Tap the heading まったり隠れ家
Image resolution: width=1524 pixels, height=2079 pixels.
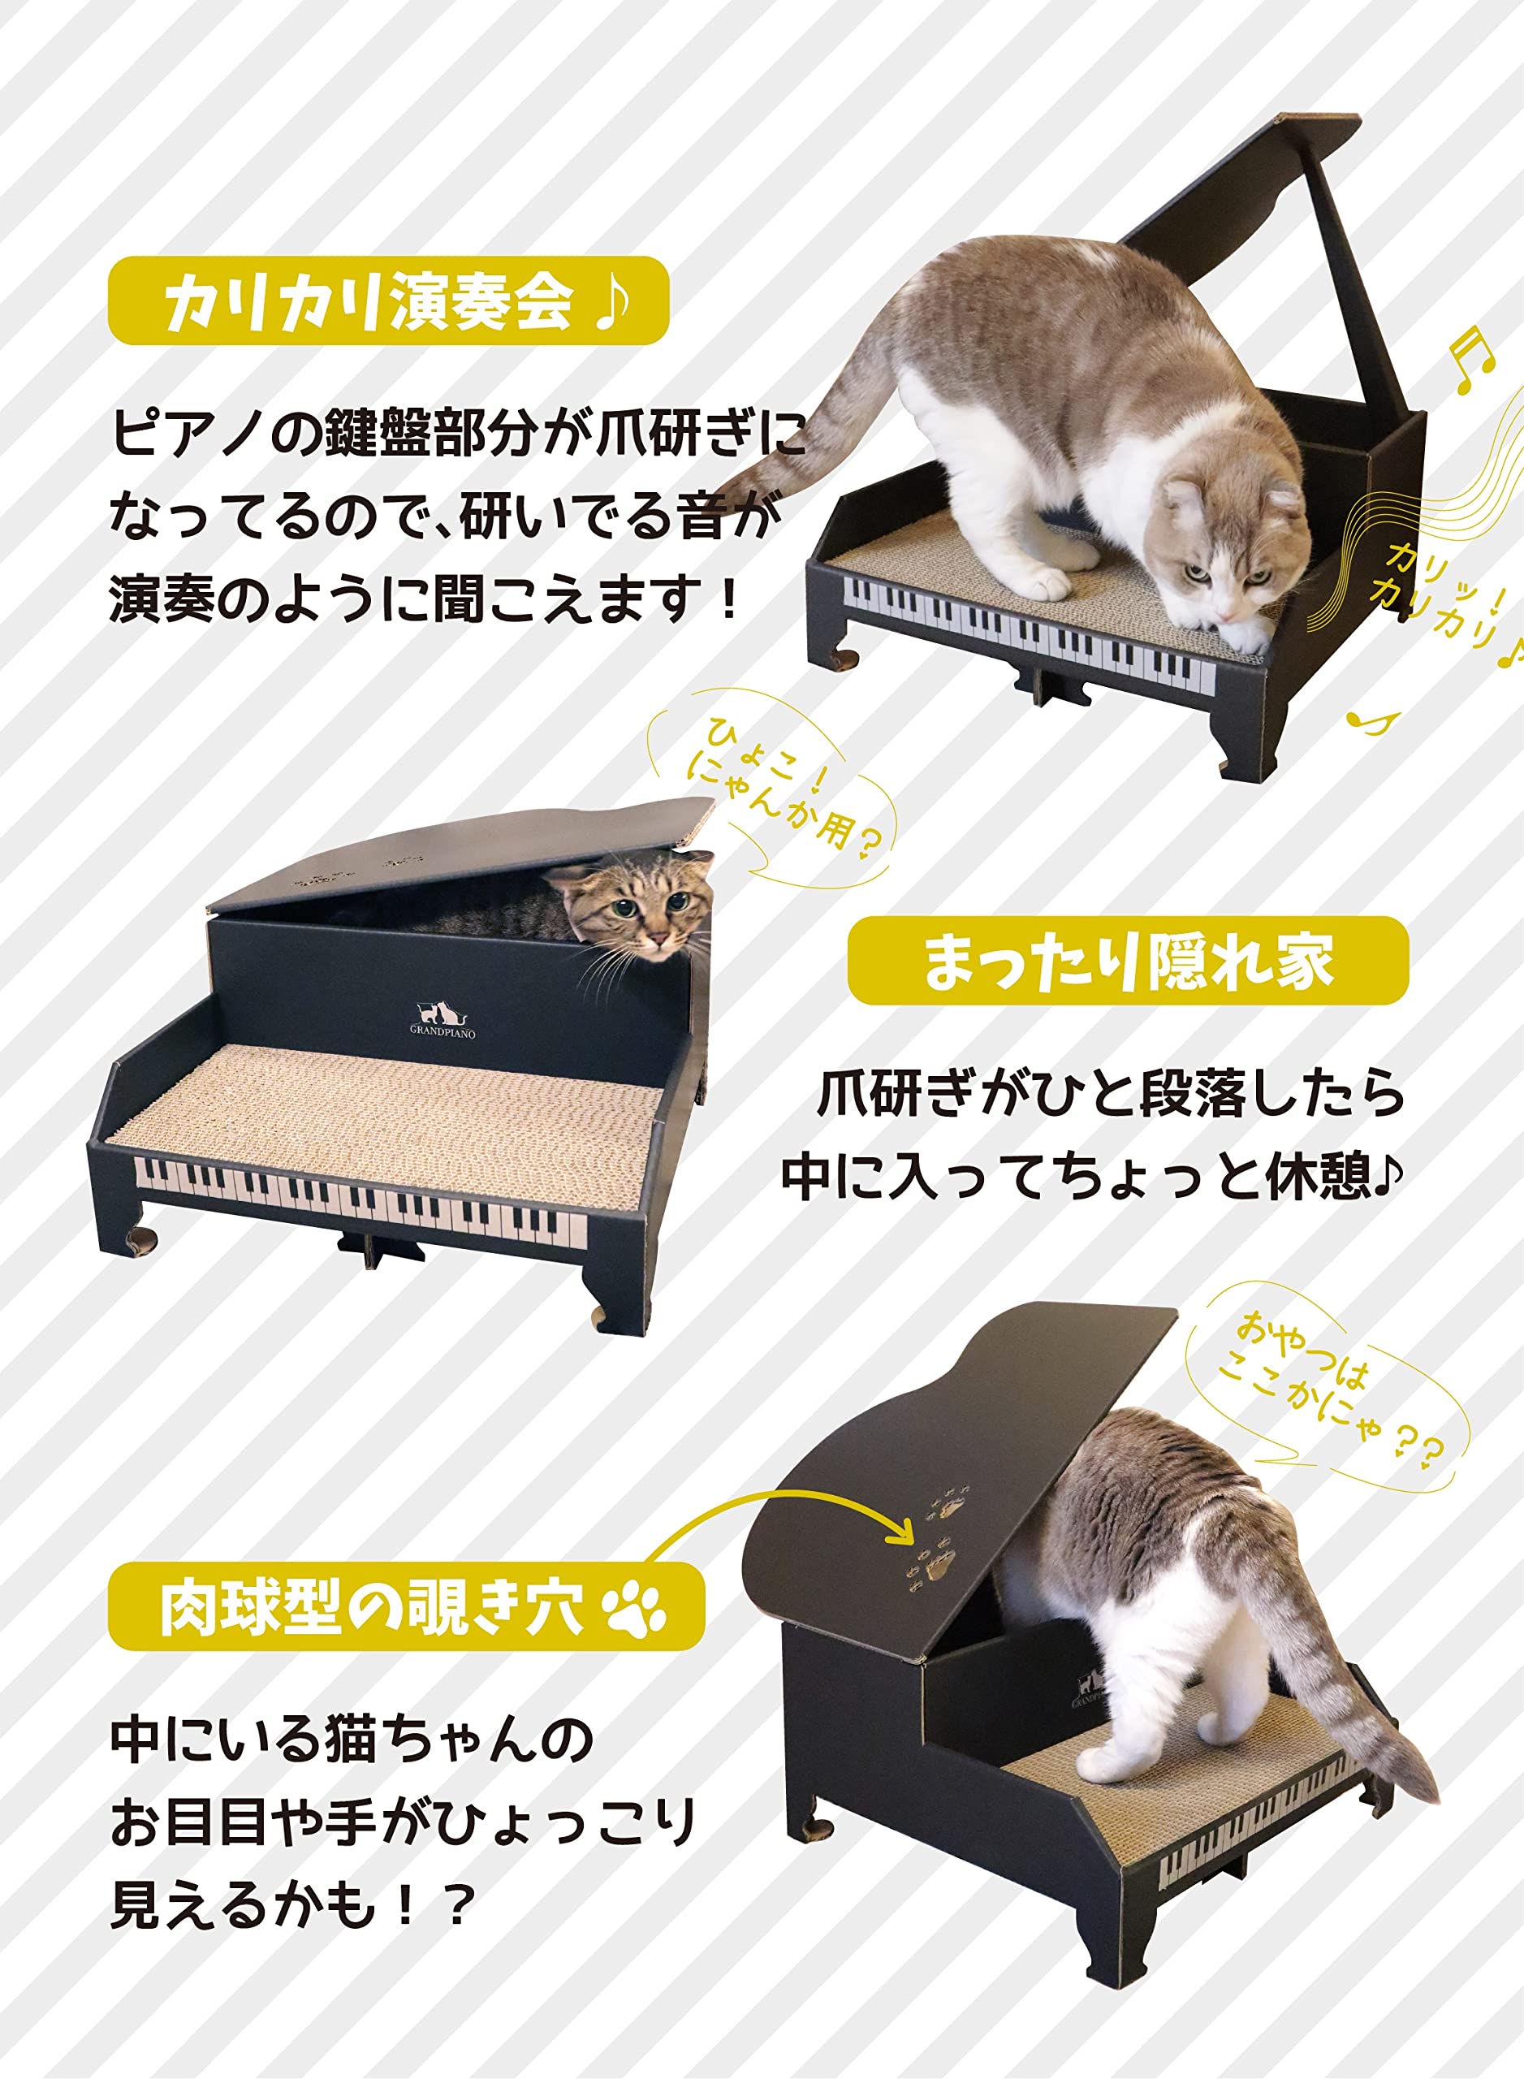click(1127, 962)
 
